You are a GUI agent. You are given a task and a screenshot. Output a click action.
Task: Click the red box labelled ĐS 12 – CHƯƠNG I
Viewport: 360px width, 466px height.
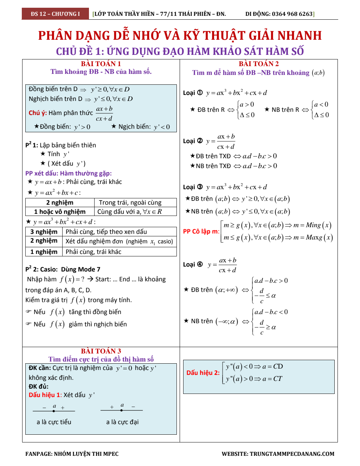tap(55, 14)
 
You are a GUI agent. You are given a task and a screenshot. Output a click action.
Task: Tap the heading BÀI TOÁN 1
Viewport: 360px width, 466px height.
tap(101, 64)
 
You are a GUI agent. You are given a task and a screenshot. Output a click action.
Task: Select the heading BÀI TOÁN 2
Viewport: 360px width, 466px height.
tap(259, 64)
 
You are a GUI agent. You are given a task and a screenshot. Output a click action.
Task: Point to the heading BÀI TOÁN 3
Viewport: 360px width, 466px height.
tap(101, 351)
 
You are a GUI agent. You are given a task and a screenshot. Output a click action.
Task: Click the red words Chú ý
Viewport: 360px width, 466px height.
tap(38, 113)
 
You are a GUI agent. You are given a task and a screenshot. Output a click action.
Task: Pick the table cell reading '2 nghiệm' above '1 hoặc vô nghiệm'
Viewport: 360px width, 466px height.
tap(60, 203)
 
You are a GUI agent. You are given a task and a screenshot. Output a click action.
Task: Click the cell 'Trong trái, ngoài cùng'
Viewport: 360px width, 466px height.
tap(130, 203)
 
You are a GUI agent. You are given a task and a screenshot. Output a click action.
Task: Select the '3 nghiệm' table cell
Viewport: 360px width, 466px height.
tap(44, 232)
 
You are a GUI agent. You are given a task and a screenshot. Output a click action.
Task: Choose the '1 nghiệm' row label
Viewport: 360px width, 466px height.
tap(44, 252)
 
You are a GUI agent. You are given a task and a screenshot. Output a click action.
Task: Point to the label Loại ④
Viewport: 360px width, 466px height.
tap(193, 264)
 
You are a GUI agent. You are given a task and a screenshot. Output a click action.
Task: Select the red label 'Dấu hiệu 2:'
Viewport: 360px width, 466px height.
tap(203, 373)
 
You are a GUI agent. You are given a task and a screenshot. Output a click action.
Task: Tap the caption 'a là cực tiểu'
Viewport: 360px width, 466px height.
tap(54, 422)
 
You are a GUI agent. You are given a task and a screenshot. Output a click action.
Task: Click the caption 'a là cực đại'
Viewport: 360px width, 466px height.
tap(122, 422)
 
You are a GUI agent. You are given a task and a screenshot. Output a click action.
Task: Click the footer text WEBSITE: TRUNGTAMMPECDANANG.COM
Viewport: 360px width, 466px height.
tap(278, 454)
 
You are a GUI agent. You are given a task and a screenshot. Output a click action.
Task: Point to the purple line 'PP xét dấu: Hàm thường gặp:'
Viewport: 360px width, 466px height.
tap(69, 173)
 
